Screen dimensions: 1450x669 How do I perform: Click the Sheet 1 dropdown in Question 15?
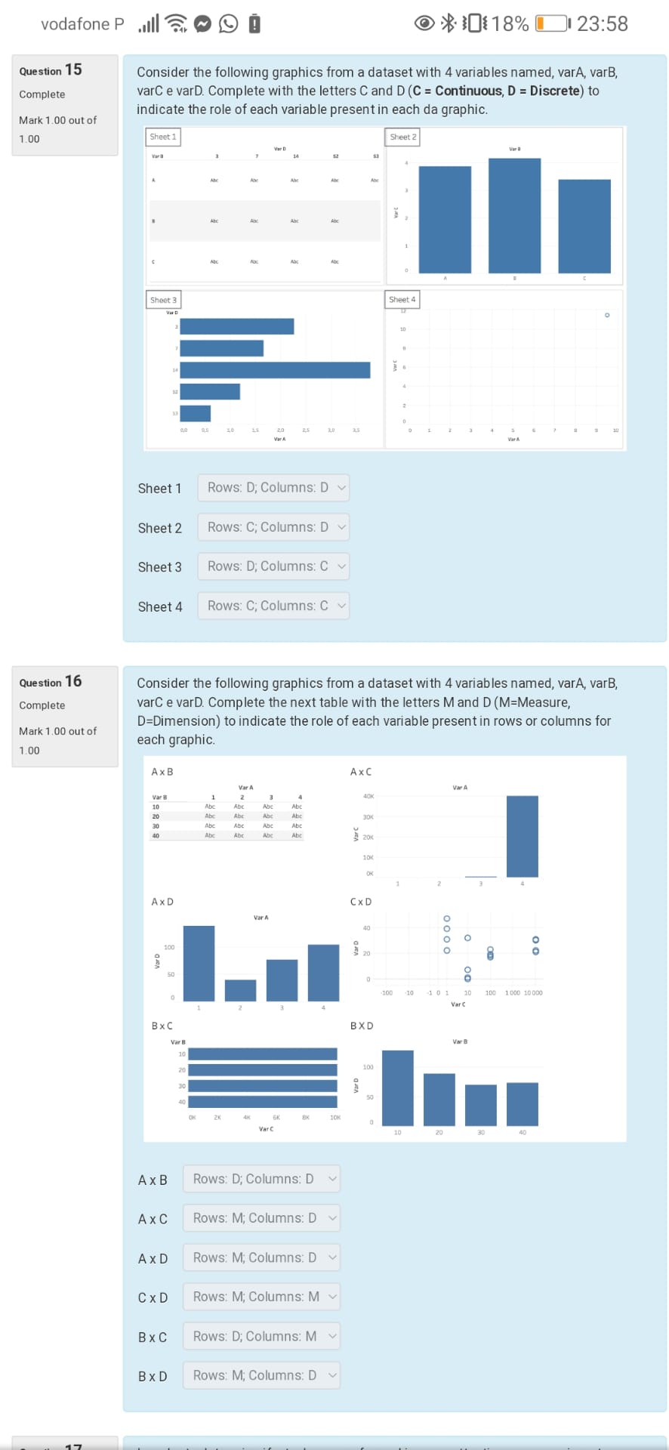(x=273, y=488)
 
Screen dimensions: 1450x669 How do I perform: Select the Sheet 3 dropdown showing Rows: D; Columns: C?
(x=273, y=566)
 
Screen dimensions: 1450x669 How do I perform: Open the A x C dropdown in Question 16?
(x=261, y=1218)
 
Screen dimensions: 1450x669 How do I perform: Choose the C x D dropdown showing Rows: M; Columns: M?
(x=261, y=1297)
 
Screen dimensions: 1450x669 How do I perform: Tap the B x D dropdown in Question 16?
(x=261, y=1375)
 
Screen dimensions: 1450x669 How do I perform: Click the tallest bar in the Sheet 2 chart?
(x=514, y=215)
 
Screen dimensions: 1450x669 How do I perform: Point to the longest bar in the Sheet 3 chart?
(x=275, y=370)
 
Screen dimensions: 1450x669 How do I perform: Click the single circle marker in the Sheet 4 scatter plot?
(x=606, y=315)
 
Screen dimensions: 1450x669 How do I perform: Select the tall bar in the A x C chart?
(x=522, y=836)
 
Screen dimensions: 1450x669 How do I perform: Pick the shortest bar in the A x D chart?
(x=240, y=990)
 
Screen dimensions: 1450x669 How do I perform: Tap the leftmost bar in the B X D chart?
(x=398, y=1087)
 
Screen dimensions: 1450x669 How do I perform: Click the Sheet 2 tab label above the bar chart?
(x=402, y=137)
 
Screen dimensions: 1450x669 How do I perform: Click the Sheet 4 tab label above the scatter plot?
(x=402, y=300)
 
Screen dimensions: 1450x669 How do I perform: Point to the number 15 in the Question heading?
(x=73, y=69)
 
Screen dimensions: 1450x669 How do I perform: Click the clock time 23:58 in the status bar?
(x=602, y=24)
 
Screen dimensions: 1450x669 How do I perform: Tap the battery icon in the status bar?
(x=552, y=24)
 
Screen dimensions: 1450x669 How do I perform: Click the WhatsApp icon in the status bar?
(x=228, y=24)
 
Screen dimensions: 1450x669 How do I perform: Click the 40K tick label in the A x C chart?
(x=368, y=796)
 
